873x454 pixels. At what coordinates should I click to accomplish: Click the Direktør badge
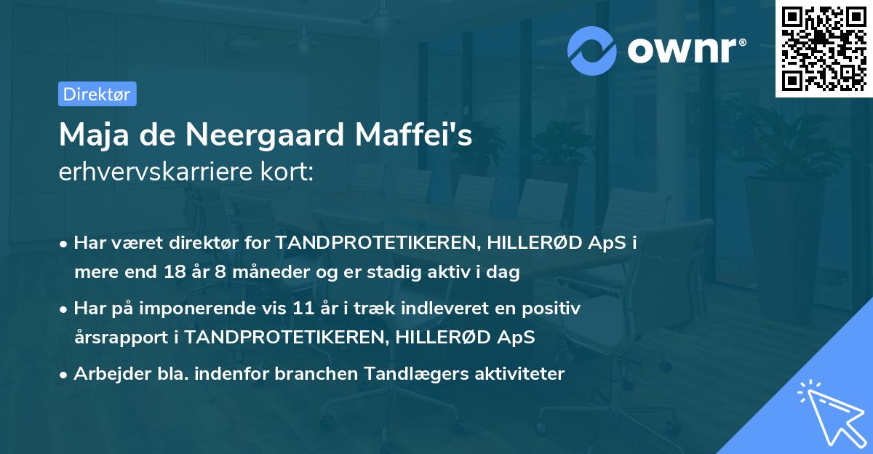tap(97, 94)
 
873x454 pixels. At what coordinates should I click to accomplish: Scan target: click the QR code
tap(823, 48)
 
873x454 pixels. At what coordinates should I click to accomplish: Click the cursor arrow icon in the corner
tap(829, 410)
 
